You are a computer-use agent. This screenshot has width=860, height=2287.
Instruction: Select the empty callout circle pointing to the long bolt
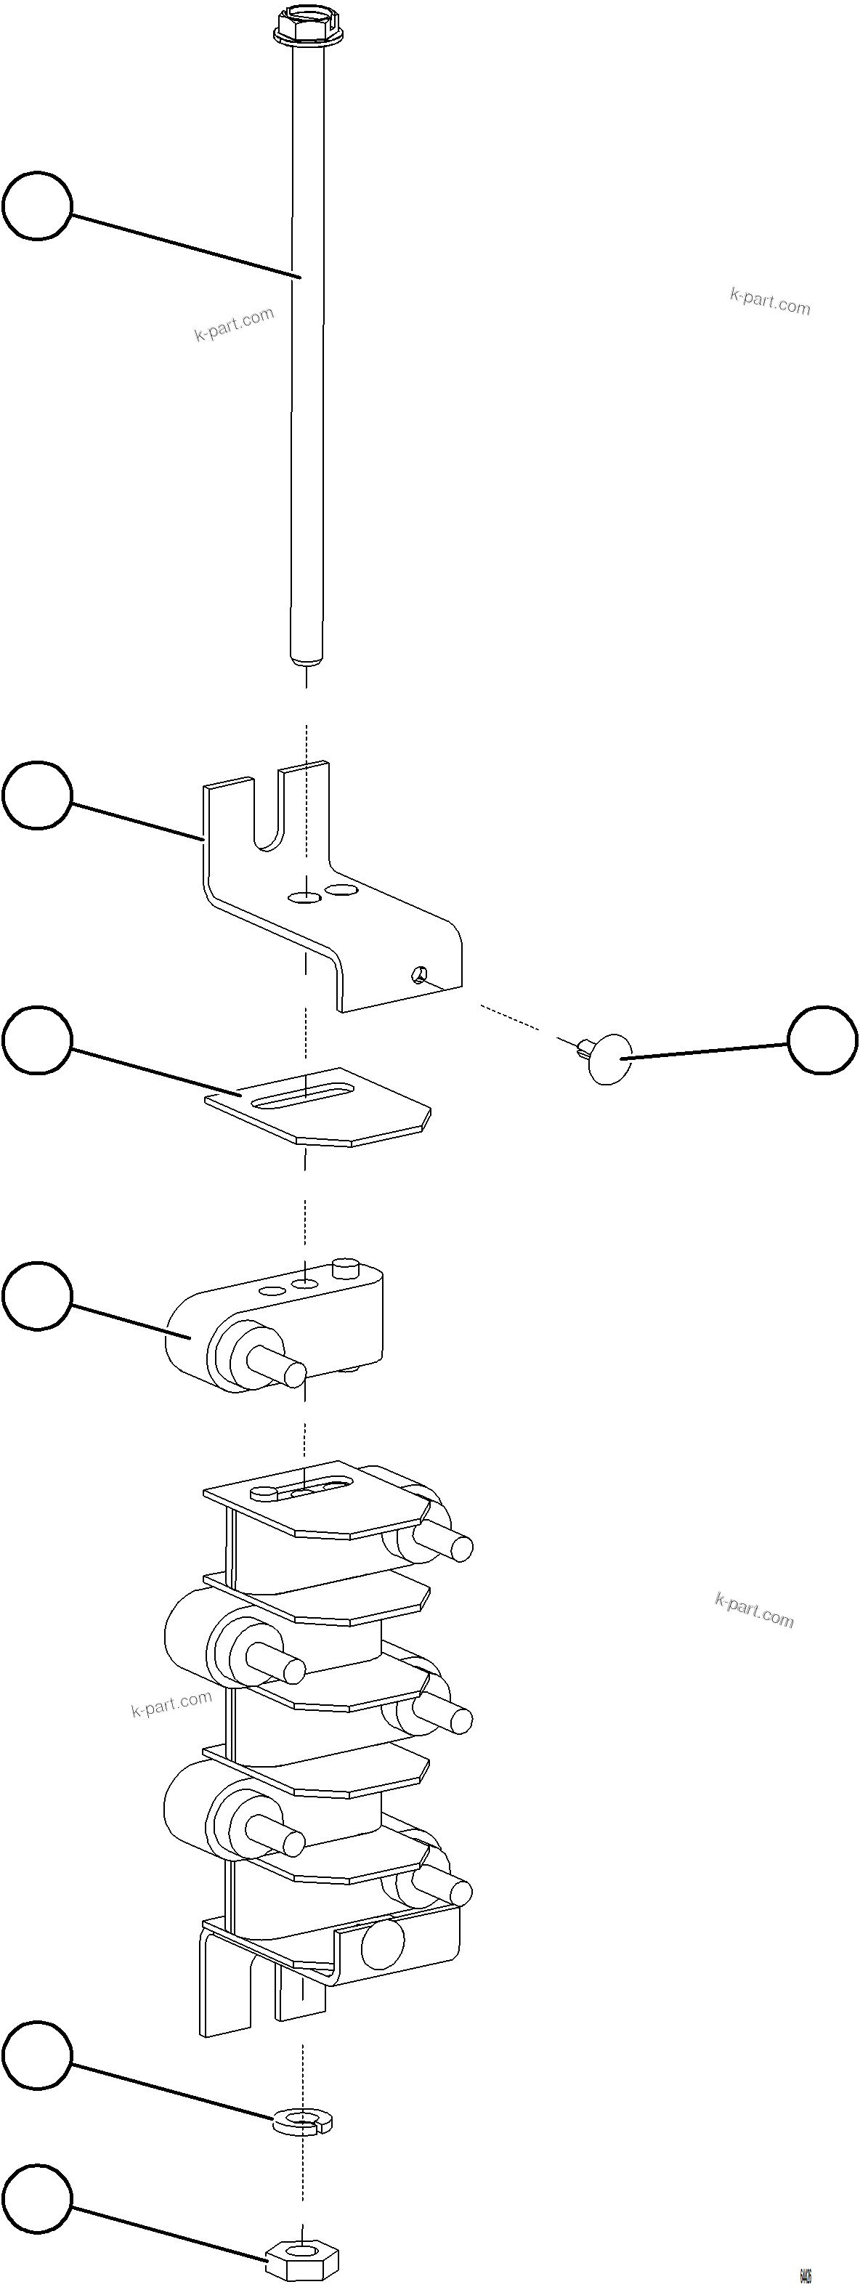pyautogui.click(x=36, y=206)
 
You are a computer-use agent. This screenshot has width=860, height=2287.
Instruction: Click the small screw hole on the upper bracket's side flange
pyautogui.click(x=416, y=976)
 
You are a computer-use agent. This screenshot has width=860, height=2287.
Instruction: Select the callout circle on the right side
pyautogui.click(x=823, y=1040)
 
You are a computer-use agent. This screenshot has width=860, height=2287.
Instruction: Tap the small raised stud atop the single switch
pyautogui.click(x=344, y=1267)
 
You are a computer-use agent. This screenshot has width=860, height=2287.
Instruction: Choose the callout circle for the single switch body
pyautogui.click(x=36, y=1296)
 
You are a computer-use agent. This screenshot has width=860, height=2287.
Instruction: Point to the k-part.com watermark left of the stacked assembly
pyautogui.click(x=171, y=1704)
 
